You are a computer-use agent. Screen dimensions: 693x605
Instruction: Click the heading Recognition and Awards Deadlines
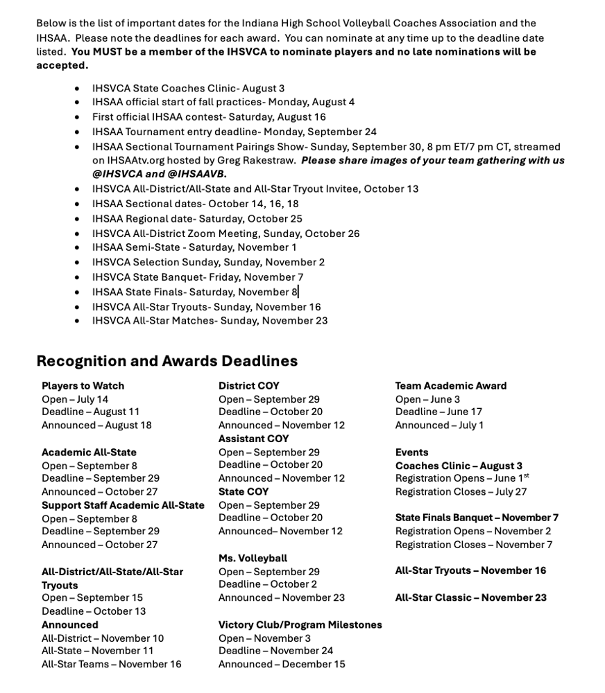(x=167, y=361)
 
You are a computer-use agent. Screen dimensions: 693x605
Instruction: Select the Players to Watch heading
(x=83, y=386)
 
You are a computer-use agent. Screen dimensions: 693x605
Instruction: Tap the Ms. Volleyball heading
(x=253, y=558)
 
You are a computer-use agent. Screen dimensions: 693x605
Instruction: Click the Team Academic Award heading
(x=450, y=386)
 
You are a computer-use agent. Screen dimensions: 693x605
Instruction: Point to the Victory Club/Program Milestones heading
(x=300, y=624)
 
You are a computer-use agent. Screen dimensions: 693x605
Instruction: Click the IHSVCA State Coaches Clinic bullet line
(x=188, y=88)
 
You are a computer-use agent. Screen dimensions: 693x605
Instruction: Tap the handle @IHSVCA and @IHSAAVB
(x=159, y=174)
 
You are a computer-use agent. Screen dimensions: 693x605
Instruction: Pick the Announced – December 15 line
(x=281, y=664)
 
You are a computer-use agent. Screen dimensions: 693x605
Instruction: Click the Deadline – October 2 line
(x=267, y=584)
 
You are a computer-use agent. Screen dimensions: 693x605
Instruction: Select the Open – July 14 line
(x=74, y=399)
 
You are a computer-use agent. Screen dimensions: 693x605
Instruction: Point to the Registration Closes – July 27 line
(x=461, y=491)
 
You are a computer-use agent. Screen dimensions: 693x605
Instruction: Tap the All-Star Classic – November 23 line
(x=470, y=597)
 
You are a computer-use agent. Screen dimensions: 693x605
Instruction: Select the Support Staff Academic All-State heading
(x=123, y=505)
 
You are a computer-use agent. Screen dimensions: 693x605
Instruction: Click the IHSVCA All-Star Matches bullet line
(x=210, y=320)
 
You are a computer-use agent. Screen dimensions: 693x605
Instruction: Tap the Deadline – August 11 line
(x=90, y=412)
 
